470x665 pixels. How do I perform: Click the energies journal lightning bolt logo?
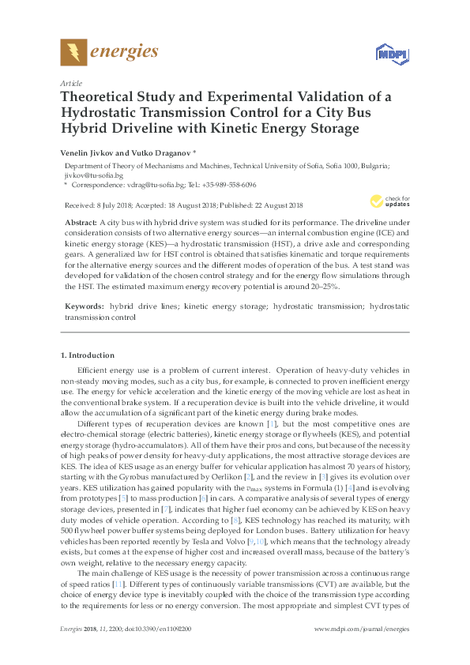tap(73, 53)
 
